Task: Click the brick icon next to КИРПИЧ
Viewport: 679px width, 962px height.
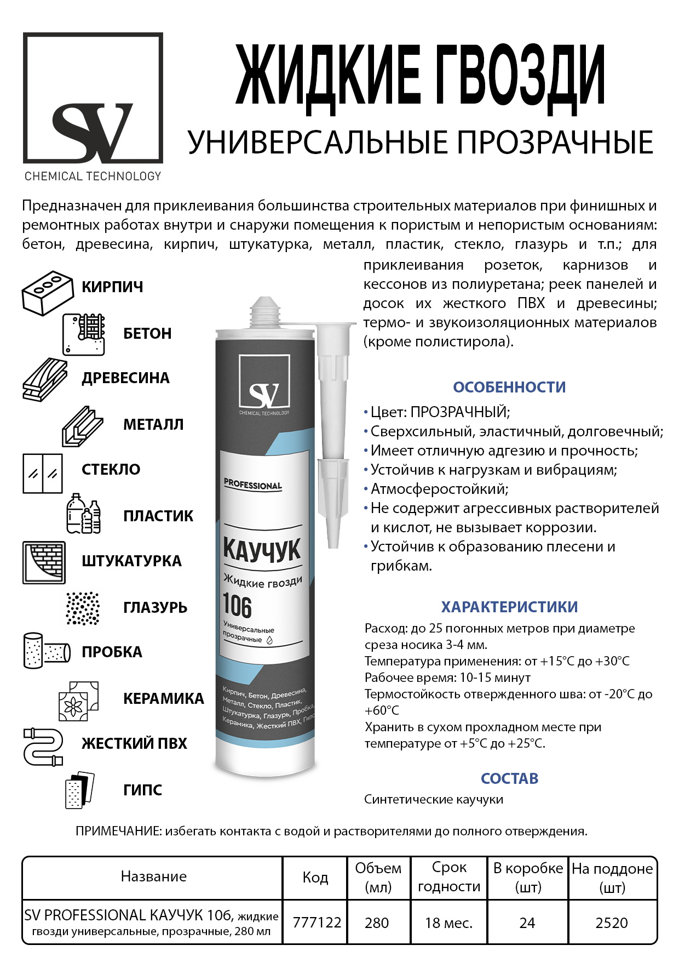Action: coord(48,293)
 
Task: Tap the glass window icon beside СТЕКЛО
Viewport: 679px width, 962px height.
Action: coord(43,473)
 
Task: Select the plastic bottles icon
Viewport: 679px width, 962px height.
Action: coord(83,514)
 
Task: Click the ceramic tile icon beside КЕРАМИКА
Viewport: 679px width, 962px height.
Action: coord(79,701)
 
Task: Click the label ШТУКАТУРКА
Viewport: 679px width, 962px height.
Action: coord(131,561)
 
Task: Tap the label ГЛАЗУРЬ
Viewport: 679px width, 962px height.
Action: coord(156,607)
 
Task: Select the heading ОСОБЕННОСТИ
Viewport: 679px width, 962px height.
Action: coord(509,387)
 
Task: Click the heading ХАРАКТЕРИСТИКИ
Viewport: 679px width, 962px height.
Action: coord(509,607)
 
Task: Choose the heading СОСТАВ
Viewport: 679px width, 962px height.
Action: coord(509,778)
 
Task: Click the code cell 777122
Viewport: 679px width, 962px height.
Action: coord(317,923)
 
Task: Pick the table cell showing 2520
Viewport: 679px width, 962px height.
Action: coord(612,923)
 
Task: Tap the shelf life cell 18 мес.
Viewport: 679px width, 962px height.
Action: coord(448,923)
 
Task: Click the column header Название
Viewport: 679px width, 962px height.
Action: coord(153,876)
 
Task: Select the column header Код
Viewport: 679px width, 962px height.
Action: coord(315,878)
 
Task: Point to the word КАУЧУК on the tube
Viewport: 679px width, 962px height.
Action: coord(262,550)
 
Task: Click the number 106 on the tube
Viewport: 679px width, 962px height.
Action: coord(237,606)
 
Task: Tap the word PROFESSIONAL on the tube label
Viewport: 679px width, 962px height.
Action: coord(252,485)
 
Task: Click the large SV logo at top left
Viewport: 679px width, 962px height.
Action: coord(93,99)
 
